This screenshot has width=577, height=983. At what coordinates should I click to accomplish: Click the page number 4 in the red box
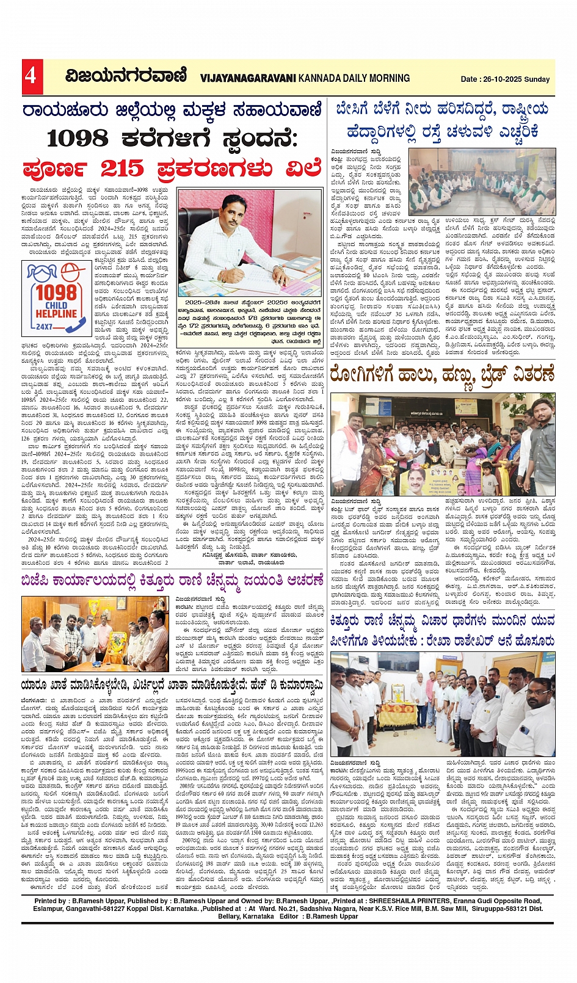pos(31,76)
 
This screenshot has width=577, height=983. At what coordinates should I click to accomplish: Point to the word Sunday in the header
pos(537,79)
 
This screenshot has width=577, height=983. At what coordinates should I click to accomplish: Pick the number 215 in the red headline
pos(122,168)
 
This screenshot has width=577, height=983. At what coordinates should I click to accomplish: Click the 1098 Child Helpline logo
pos(54,297)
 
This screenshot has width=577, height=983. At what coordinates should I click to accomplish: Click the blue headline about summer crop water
pos(441,120)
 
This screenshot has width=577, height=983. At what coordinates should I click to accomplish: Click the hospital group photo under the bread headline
pos(442,444)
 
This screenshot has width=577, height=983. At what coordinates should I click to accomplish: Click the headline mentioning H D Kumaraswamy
pos(172,685)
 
